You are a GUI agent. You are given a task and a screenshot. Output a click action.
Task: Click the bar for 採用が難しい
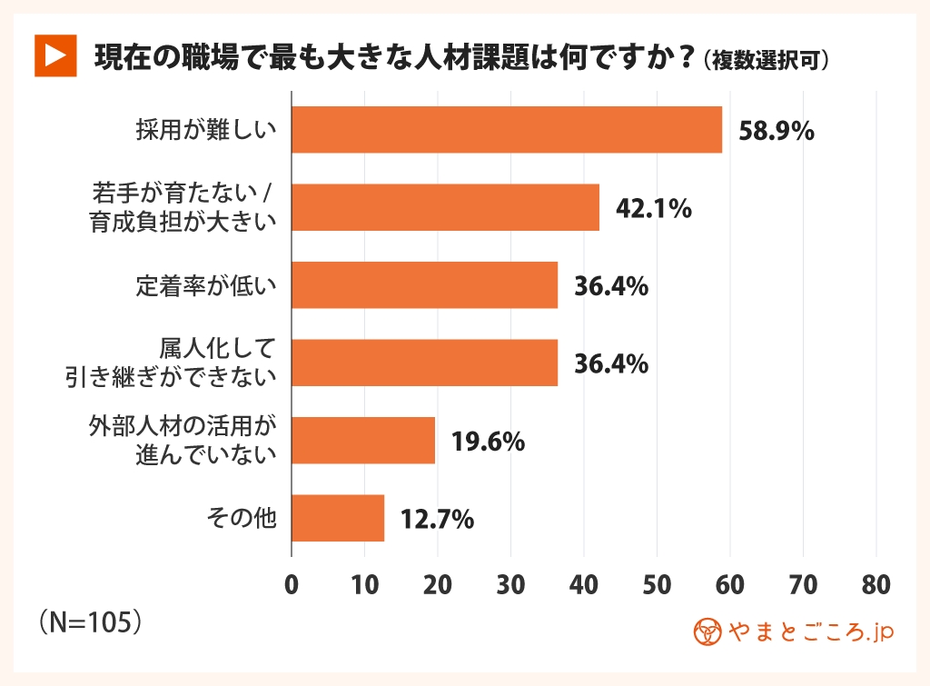(506, 130)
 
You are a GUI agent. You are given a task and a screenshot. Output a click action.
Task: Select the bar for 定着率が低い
(424, 285)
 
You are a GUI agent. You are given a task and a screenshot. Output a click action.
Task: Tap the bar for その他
(338, 518)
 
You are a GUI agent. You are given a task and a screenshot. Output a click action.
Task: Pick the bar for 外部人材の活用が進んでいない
(363, 441)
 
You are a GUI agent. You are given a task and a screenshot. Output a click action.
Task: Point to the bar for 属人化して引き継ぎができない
(424, 363)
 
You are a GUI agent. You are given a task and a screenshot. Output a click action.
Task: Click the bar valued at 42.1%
(445, 207)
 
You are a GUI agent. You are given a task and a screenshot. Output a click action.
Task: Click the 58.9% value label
(776, 131)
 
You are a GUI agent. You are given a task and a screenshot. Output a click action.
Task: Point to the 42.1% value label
(654, 208)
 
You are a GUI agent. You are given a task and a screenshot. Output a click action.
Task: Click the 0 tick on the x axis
(292, 586)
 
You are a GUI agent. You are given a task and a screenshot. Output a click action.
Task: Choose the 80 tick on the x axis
(876, 586)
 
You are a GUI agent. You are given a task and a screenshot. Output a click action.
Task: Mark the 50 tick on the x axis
(657, 586)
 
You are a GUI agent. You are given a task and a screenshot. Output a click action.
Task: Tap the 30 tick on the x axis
(510, 586)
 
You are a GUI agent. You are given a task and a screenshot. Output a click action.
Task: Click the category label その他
(242, 518)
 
